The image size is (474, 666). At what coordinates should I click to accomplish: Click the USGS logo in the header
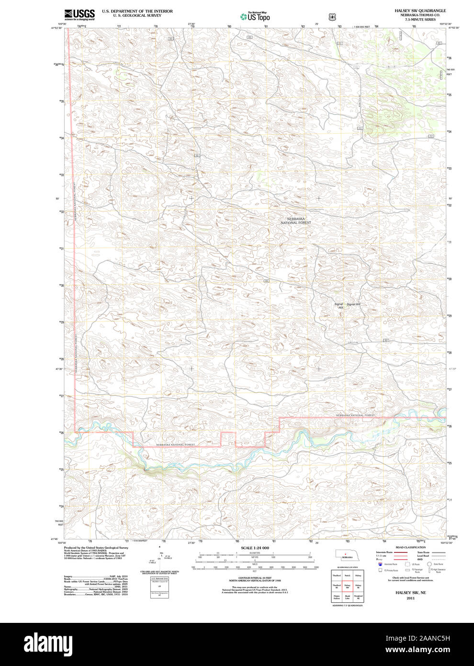point(79,14)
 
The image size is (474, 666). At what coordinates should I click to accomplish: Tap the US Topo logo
point(255,17)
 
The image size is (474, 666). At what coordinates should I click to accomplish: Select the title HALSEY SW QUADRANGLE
point(420,11)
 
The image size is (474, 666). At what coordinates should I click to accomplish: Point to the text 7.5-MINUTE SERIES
point(420,19)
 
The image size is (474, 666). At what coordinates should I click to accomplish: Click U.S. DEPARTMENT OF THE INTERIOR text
point(137,11)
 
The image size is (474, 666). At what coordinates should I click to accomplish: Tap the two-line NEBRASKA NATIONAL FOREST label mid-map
point(295,221)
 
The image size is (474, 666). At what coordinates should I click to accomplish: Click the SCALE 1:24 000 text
point(255,548)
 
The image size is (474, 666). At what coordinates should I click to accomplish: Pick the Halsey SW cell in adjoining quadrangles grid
point(348,586)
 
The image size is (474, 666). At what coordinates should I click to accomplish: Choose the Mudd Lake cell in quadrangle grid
point(348,597)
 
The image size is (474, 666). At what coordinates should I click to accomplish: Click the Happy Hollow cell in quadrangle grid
point(337,597)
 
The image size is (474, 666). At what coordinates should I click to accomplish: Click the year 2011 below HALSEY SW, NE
point(410,598)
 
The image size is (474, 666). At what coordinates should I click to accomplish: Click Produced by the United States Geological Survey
point(96,547)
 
